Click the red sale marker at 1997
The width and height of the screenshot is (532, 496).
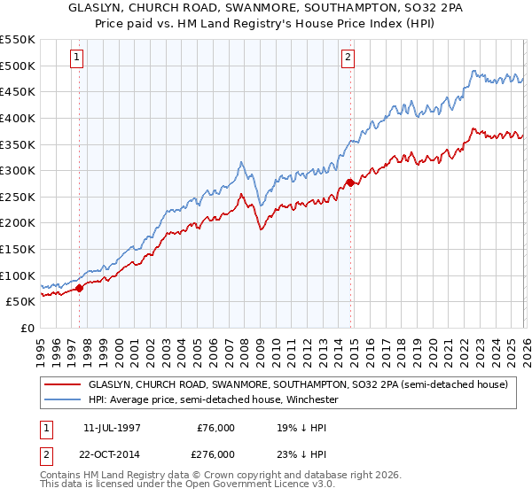pos(80,287)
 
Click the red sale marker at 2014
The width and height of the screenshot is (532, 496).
pos(350,182)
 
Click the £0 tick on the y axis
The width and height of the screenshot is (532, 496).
pos(29,328)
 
